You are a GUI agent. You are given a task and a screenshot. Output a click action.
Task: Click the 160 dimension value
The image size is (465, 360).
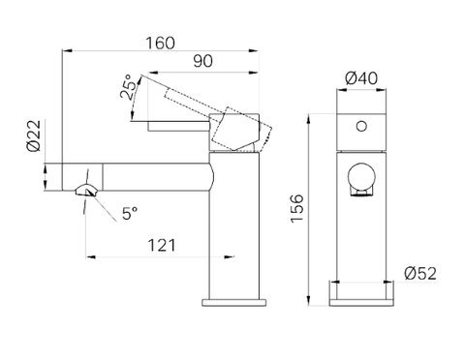tap(160, 43)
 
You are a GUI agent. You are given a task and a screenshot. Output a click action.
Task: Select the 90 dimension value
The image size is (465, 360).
tap(202, 61)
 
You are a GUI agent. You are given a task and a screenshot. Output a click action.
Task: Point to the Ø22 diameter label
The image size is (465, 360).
tap(34, 135)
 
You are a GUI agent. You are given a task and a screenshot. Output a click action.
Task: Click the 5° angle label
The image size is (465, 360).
tap(130, 213)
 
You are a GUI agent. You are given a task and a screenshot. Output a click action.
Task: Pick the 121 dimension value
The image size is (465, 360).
tap(162, 246)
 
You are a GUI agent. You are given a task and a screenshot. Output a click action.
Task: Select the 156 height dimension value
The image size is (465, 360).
tap(297, 208)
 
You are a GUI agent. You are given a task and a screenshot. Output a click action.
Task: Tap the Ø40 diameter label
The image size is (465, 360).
tap(361, 78)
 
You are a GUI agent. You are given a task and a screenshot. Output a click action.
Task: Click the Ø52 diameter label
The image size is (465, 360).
tap(420, 274)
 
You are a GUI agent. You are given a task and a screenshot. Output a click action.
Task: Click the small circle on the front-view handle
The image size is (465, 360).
tap(361, 126)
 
